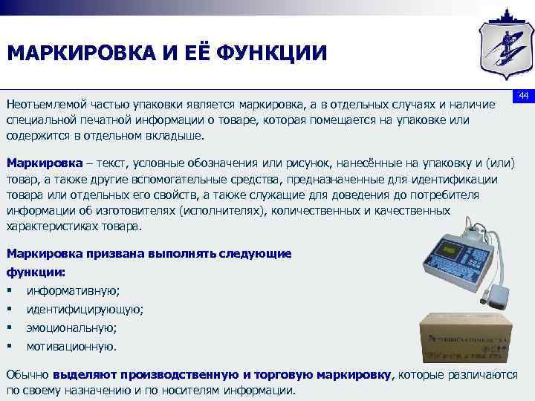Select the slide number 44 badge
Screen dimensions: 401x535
[522, 97]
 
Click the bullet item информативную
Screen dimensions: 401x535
[73, 290]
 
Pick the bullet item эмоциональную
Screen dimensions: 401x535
[71, 327]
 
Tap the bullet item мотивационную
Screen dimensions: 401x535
[71, 346]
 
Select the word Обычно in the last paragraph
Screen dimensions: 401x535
[27, 375]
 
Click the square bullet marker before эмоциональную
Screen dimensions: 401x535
[9, 327]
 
